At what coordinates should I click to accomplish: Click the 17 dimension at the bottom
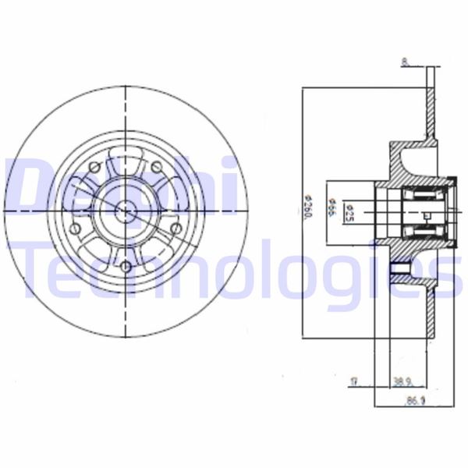(355, 382)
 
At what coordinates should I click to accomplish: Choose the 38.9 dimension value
(402, 382)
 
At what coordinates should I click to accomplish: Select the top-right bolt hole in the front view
(157, 167)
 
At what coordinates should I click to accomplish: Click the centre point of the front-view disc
(125, 208)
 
